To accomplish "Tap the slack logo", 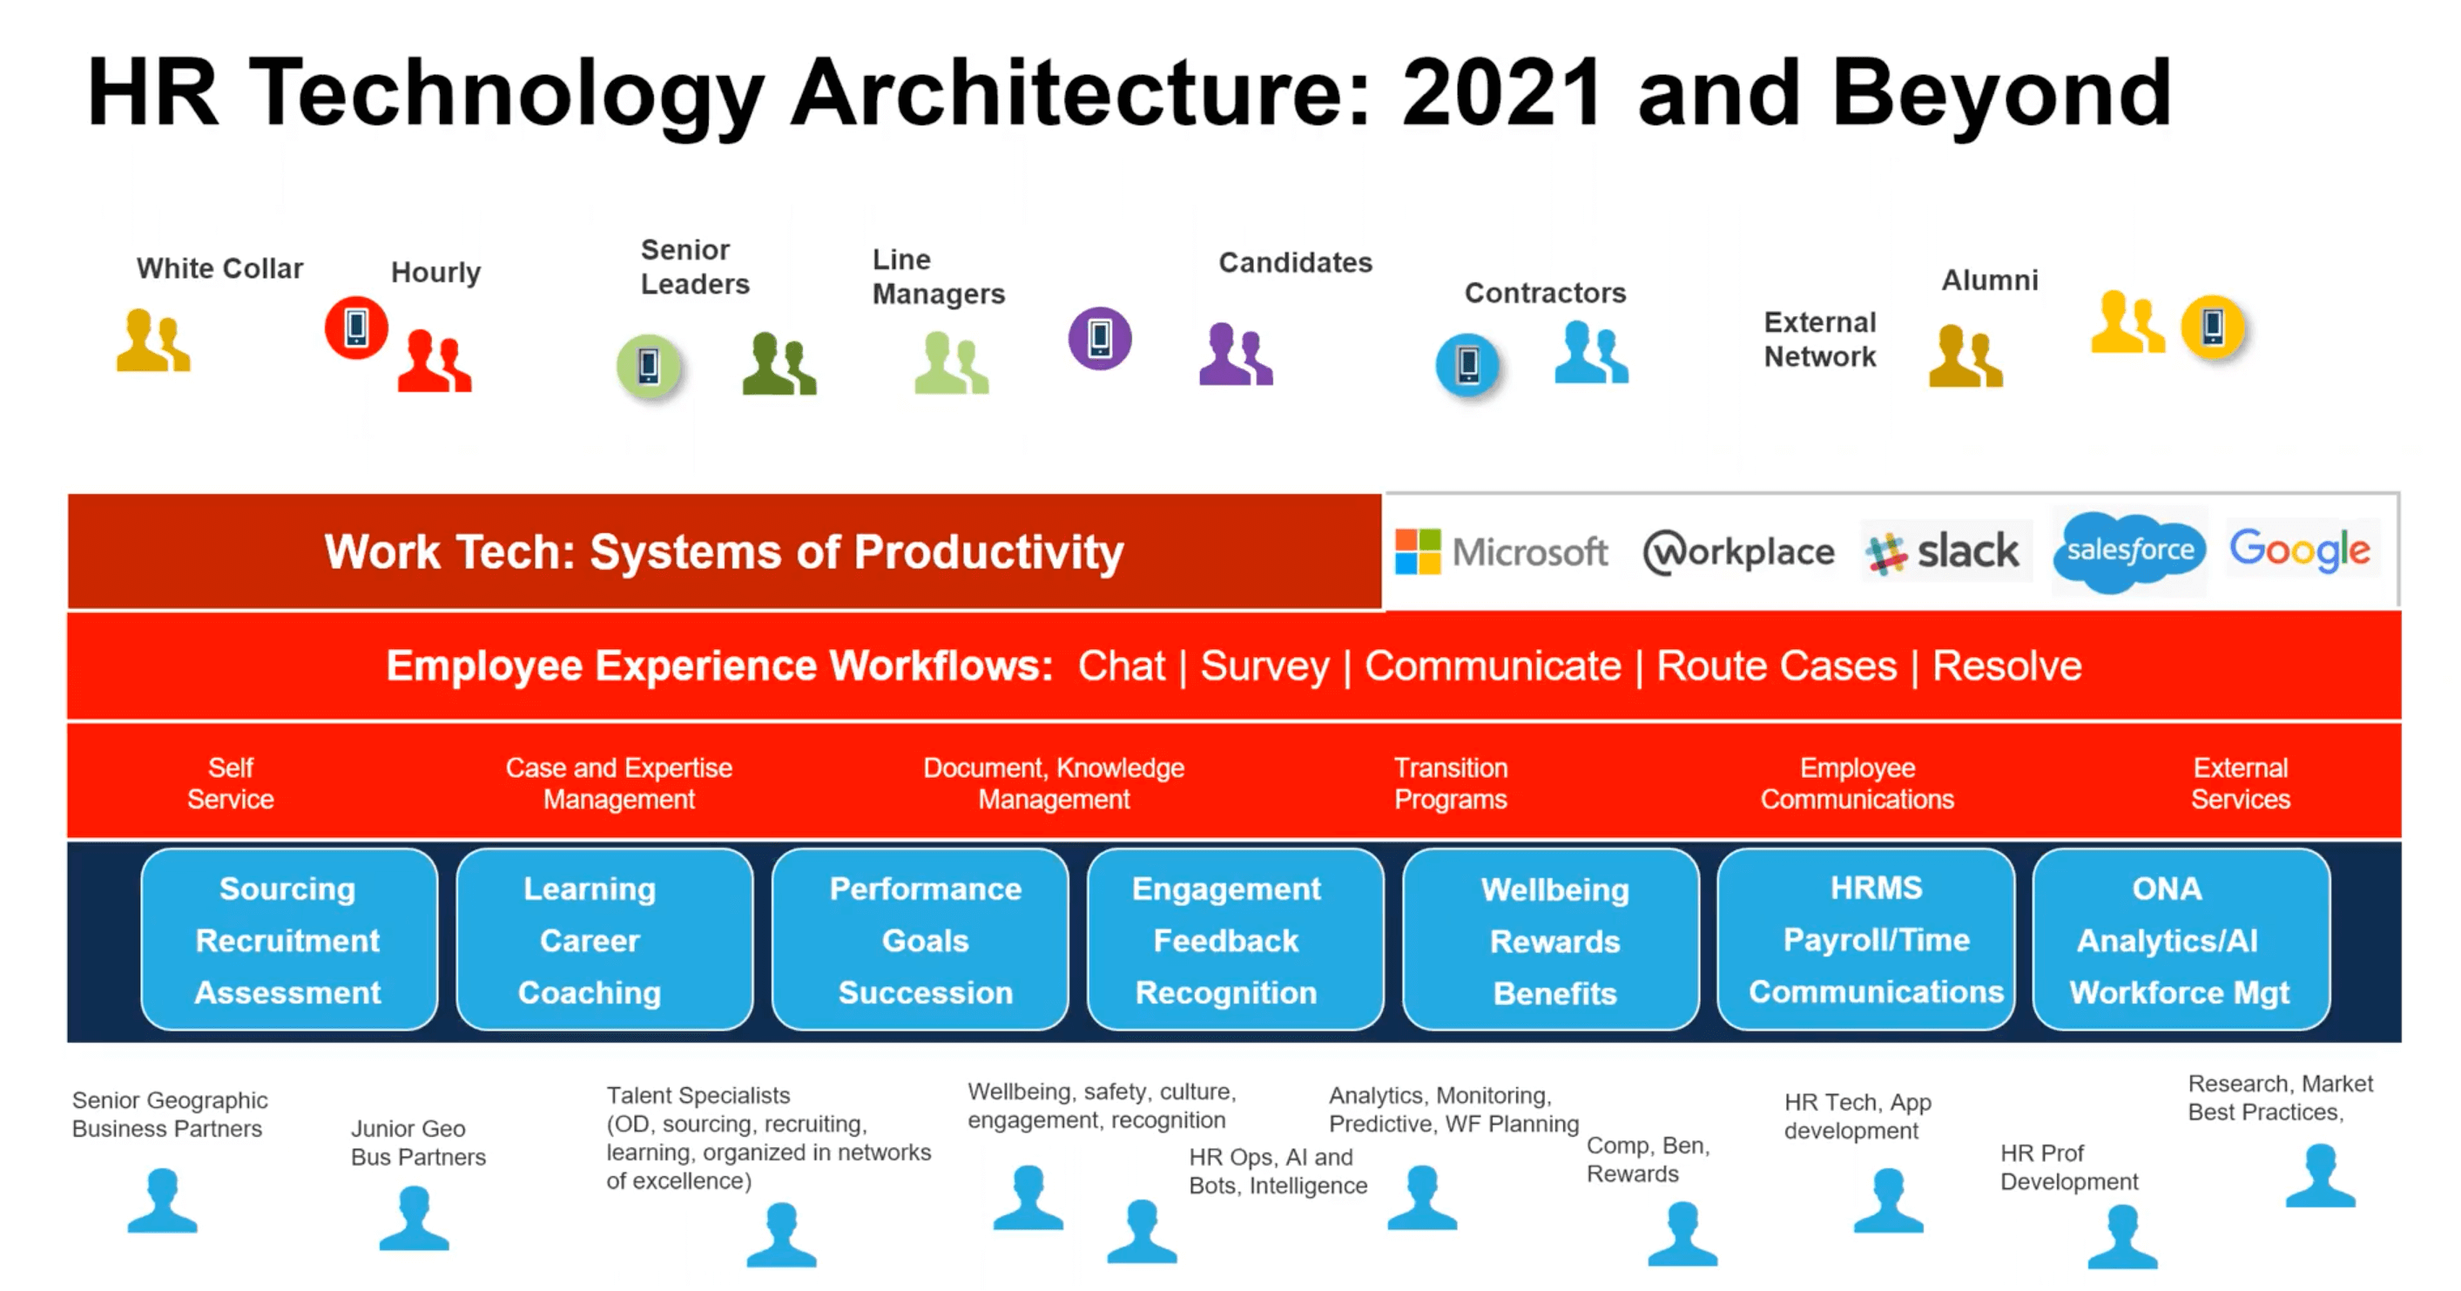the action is coord(1942,551).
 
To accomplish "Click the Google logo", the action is coord(2300,550).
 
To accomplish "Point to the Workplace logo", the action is coord(1739,552).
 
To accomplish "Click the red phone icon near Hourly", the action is coord(356,328).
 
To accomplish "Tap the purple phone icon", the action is coord(1100,337).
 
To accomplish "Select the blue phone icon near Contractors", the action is coord(1467,364).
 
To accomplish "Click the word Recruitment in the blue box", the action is coord(287,940).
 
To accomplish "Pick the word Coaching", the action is coord(590,993).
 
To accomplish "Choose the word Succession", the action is coord(926,993).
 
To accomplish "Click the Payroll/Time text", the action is coord(1877,940).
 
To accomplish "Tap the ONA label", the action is coord(2167,889).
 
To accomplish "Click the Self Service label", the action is coord(230,784).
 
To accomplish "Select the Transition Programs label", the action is coord(1450,784).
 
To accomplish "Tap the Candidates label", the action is coord(1295,263).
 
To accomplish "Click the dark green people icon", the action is coord(779,363).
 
